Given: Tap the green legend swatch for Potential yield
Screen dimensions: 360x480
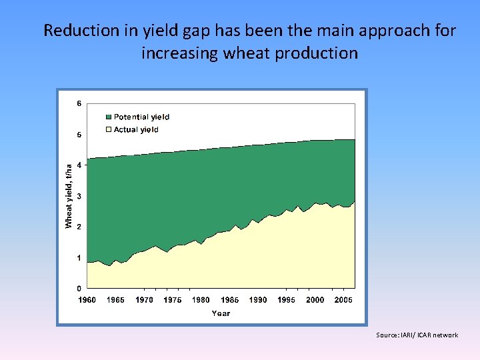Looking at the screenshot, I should pyautogui.click(x=109, y=117).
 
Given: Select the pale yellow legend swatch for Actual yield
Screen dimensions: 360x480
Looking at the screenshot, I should pyautogui.click(x=109, y=130).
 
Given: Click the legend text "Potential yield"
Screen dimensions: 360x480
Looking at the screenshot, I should pyautogui.click(x=141, y=117).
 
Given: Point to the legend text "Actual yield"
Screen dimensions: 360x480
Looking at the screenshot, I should pyautogui.click(x=136, y=130).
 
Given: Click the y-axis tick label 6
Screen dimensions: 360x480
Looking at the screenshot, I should pyautogui.click(x=79, y=104).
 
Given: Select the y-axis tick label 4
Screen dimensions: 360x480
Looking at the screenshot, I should pyautogui.click(x=79, y=165).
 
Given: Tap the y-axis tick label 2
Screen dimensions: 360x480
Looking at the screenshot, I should pyautogui.click(x=79, y=227).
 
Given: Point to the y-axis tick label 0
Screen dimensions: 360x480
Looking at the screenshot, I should pyautogui.click(x=79, y=289).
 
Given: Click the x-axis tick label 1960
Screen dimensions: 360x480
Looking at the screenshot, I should pyautogui.click(x=87, y=300).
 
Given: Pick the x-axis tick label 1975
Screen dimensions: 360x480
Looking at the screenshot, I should pyautogui.click(x=173, y=300).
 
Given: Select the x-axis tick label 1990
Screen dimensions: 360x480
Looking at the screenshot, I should pyautogui.click(x=258, y=300).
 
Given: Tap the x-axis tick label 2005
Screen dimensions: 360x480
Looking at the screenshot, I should pyautogui.click(x=343, y=300).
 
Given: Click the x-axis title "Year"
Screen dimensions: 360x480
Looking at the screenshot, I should pyautogui.click(x=221, y=313).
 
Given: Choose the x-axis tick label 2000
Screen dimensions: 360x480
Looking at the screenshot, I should pyautogui.click(x=315, y=300).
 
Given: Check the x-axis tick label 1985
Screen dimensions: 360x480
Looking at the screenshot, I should pyautogui.click(x=229, y=300).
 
